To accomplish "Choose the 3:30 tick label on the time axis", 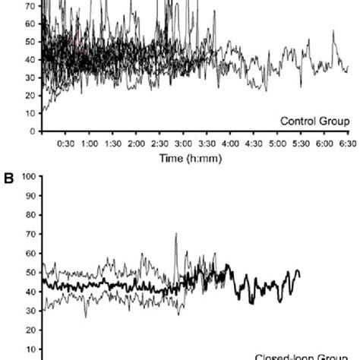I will point(207,143).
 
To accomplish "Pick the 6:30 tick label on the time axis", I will point(348,143).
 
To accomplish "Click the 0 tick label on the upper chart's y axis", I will point(35,131).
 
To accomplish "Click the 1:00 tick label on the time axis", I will point(89,143).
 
